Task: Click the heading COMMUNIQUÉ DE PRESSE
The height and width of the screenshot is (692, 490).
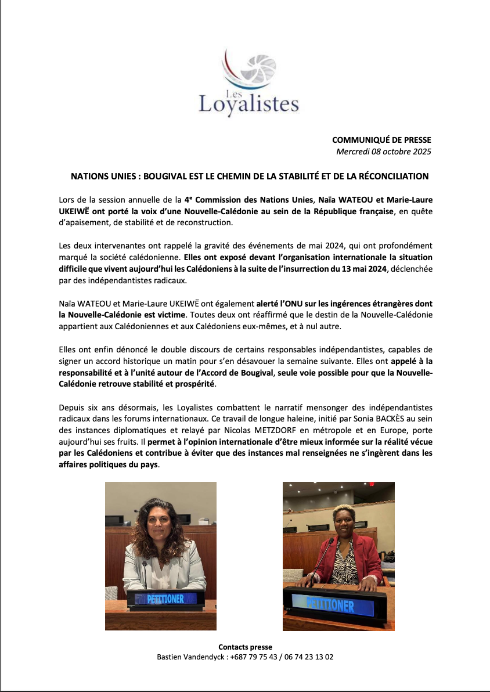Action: click(381, 140)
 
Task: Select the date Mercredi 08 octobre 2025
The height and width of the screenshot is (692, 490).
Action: click(384, 152)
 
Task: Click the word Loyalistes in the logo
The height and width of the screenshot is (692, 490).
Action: click(248, 103)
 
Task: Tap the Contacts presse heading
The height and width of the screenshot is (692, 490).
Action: click(245, 647)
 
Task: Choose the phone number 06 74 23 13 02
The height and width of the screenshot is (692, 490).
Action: click(310, 657)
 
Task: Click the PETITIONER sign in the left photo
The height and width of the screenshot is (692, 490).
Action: click(165, 599)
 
